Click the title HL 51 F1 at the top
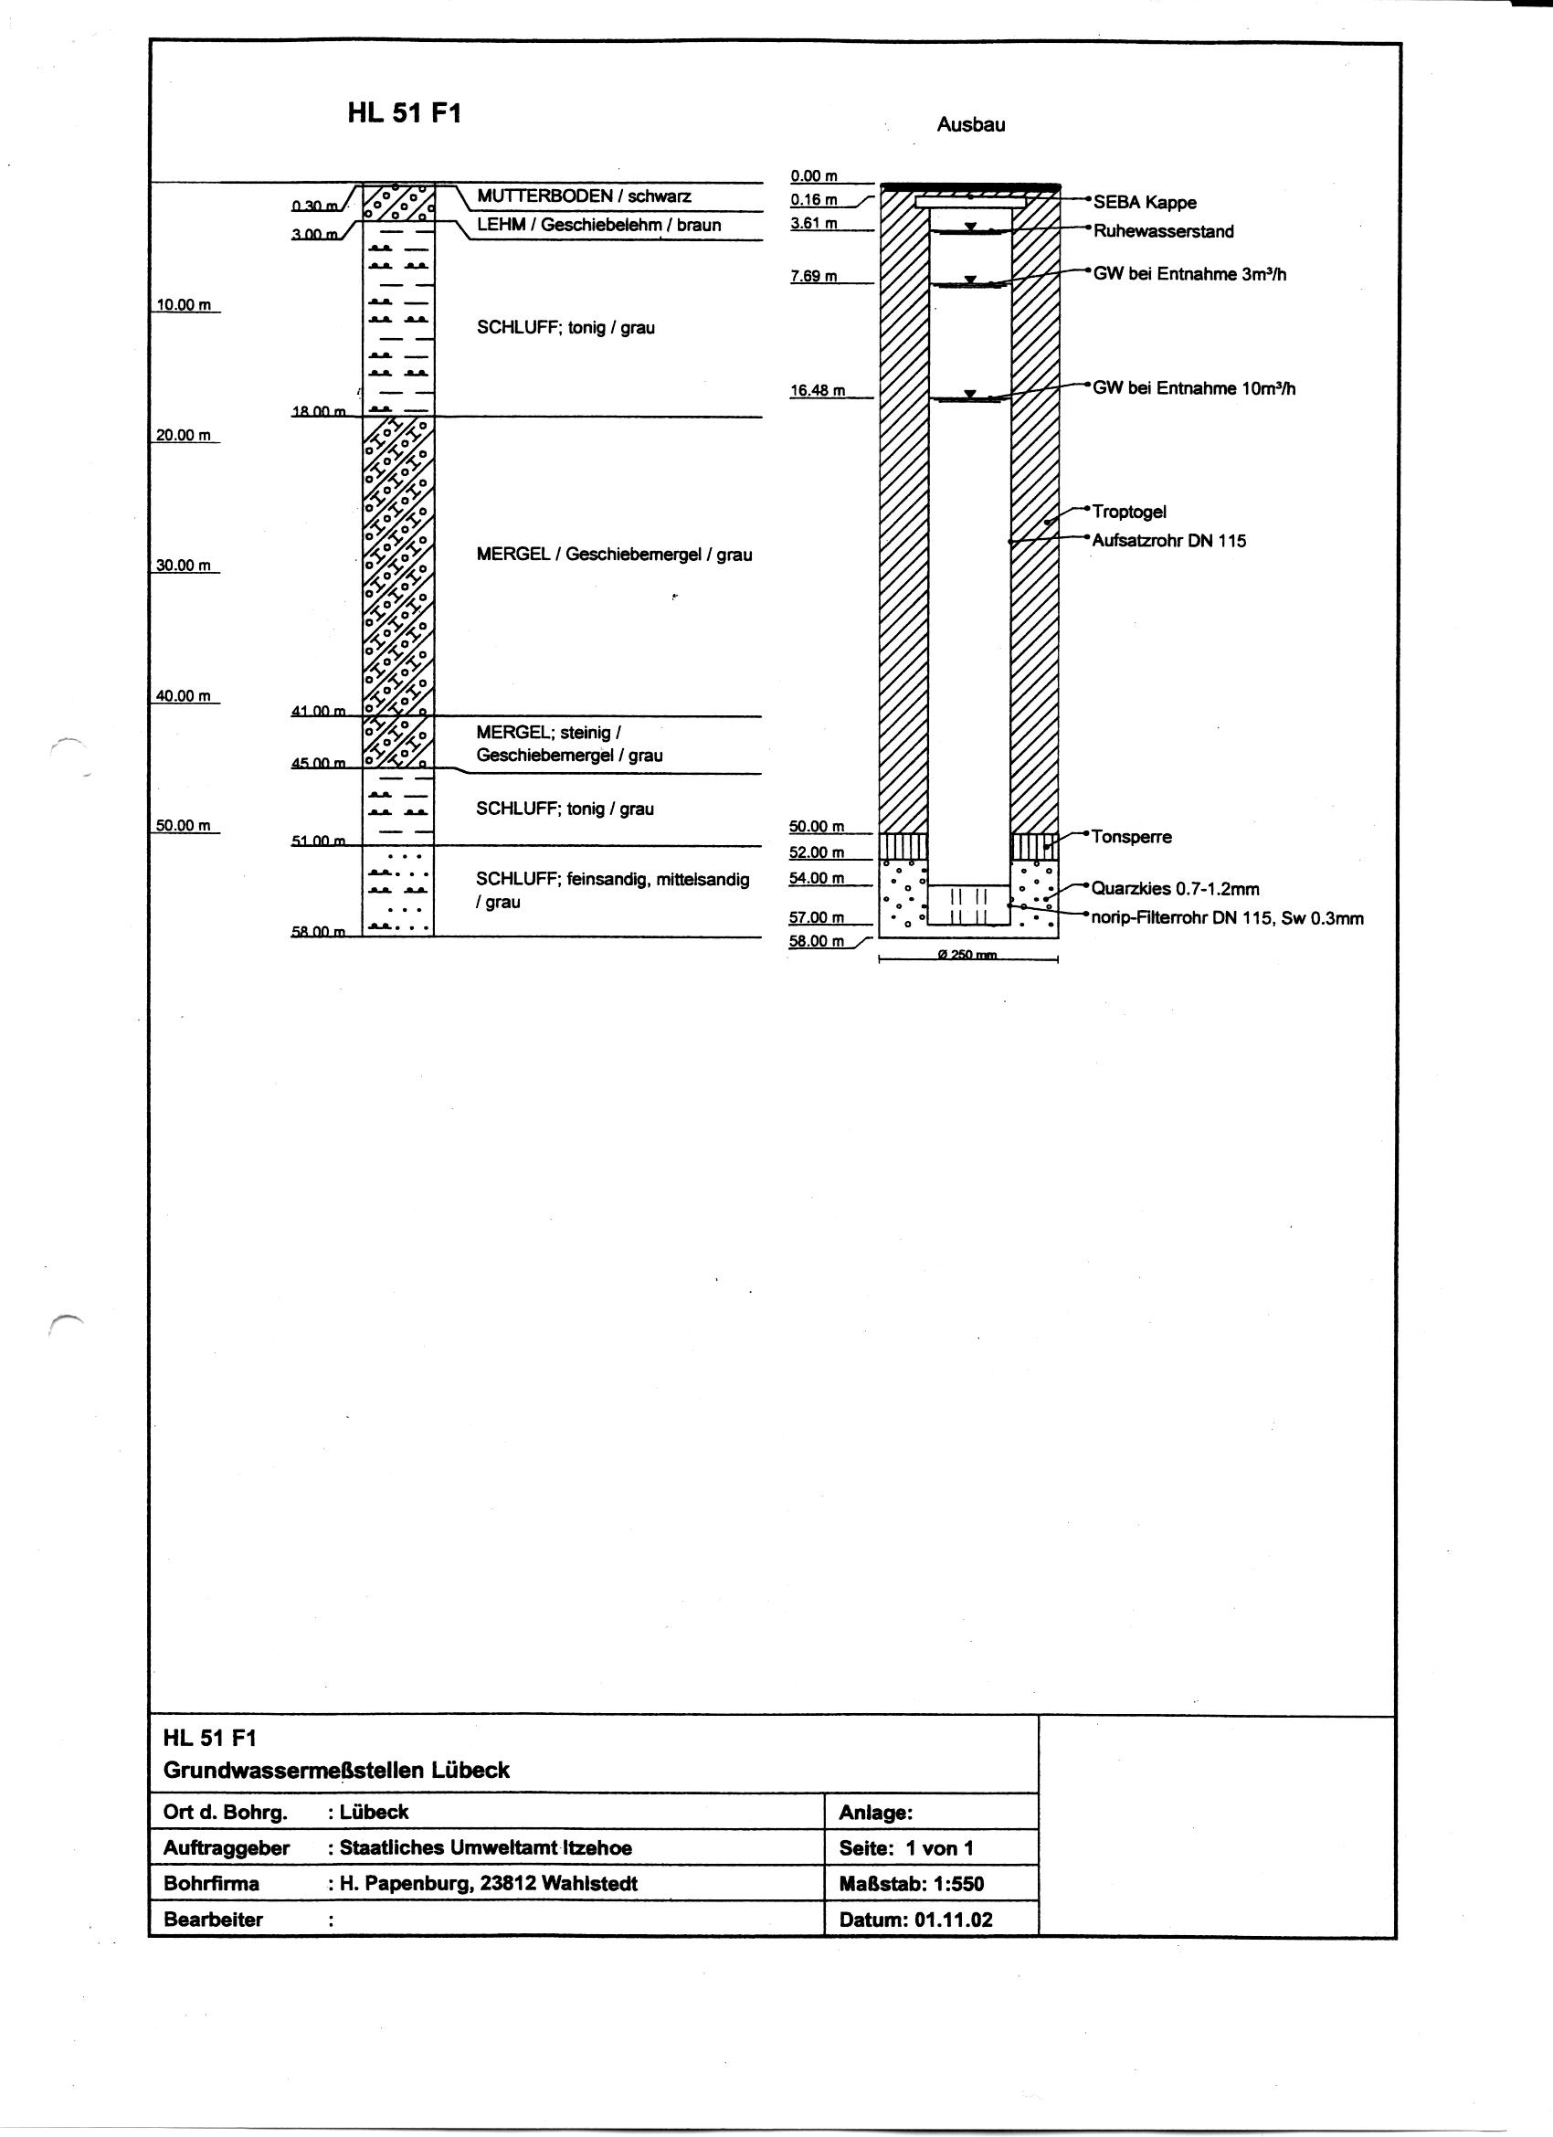coord(405,114)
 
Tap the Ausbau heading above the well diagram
coord(970,125)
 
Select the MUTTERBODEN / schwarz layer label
coord(584,196)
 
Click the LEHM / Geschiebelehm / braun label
coord(598,225)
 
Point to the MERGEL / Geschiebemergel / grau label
coord(614,555)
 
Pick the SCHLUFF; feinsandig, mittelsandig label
coord(613,879)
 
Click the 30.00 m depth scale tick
coord(183,566)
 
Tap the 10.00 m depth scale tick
coord(183,305)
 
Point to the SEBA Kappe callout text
coord(1144,203)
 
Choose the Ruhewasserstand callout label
coord(1163,232)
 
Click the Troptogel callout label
coord(1129,512)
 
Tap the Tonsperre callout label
coord(1132,837)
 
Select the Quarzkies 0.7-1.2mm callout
coord(1175,889)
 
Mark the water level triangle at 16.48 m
coord(970,394)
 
